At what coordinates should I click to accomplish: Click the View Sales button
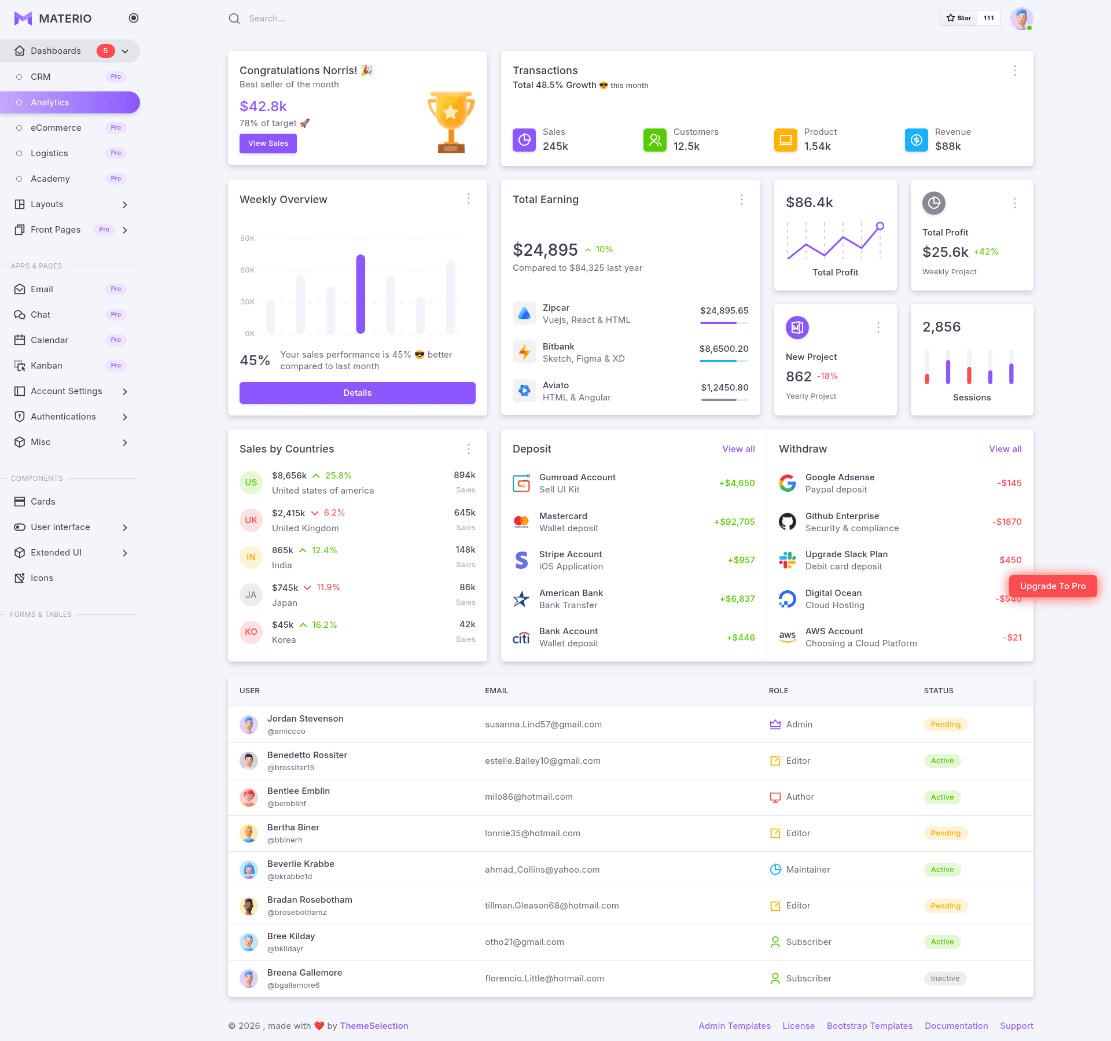268,144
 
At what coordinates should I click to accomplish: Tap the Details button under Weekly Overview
358,393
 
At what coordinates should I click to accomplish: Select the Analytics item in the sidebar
70,102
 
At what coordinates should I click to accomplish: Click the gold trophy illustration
451,122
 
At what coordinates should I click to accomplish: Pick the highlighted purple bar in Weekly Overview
360,294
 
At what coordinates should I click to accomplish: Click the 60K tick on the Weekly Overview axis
247,270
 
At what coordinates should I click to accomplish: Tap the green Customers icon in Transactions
655,140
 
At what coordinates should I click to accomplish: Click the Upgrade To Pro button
1053,586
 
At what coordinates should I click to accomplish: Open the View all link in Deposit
738,449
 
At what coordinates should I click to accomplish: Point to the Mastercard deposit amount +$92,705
734,522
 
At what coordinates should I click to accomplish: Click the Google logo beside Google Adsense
788,483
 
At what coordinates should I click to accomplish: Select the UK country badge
251,520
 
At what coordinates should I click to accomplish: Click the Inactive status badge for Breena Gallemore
945,979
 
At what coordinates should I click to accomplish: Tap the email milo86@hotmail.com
529,797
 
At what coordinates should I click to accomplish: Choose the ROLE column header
778,691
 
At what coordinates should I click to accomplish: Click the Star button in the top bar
959,18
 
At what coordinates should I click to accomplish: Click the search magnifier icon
234,19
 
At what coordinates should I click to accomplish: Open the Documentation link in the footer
956,1026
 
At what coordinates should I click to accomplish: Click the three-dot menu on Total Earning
742,200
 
